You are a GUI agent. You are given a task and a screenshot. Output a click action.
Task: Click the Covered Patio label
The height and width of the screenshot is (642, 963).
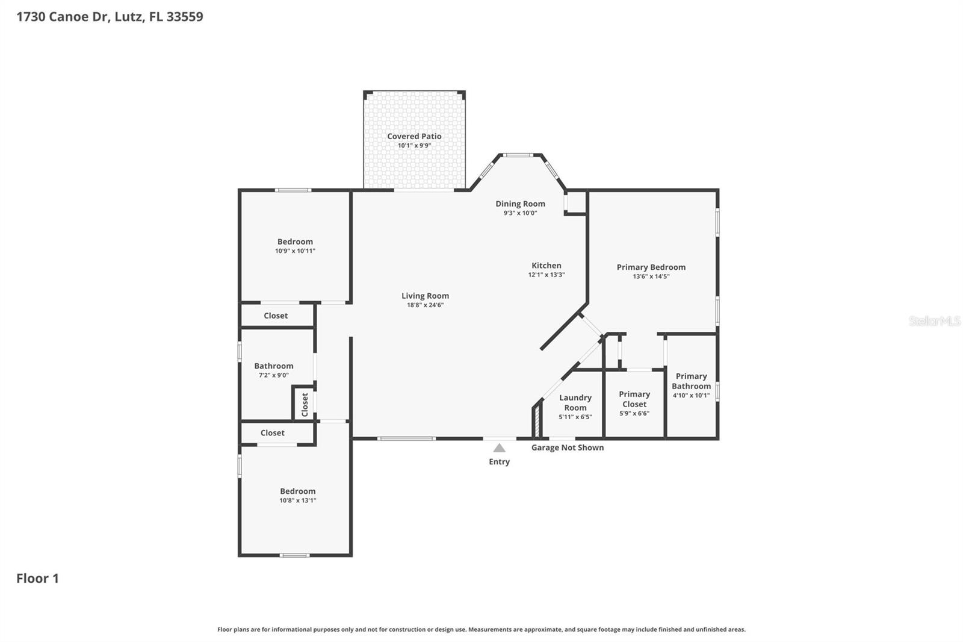coord(414,137)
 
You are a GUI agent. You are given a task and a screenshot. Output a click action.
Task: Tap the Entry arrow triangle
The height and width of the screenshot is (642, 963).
coord(499,448)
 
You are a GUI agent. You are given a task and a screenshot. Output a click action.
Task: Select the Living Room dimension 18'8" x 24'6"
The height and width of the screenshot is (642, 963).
coord(425,305)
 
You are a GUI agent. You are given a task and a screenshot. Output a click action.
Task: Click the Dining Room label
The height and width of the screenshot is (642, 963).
coord(520,204)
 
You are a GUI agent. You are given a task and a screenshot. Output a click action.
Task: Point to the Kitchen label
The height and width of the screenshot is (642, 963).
coord(546,266)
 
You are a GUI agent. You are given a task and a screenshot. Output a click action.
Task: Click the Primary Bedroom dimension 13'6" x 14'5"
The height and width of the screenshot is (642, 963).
coord(651,276)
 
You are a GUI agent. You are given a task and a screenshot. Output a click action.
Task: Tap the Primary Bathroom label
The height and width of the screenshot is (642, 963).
coord(691,381)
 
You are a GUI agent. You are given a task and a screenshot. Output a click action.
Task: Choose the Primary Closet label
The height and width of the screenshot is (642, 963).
coord(634,399)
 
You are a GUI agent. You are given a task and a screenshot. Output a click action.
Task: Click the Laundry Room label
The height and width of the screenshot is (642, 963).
coord(575,402)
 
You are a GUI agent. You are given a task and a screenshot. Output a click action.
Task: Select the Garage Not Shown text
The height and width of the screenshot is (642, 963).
coord(567,447)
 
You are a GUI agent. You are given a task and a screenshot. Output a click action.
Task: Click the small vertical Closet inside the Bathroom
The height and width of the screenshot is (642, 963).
coord(305,404)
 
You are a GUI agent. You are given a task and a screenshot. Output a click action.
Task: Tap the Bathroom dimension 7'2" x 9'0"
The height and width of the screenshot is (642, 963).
coord(273,375)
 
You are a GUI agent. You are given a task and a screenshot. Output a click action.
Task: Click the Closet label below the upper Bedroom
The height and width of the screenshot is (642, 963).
coord(276,316)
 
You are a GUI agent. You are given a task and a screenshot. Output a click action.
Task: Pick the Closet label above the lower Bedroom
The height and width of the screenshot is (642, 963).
coord(272,433)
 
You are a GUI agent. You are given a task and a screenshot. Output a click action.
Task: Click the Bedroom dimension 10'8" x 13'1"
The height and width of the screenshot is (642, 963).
coord(297,500)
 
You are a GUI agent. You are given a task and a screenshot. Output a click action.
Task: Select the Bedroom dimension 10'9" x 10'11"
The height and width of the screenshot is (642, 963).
coord(295,251)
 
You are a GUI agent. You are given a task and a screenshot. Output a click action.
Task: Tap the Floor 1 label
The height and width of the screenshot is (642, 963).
coord(37,578)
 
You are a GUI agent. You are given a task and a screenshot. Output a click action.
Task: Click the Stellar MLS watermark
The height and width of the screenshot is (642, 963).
coord(934,321)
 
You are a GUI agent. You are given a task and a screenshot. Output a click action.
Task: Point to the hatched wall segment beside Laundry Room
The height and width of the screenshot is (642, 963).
coord(535,422)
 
